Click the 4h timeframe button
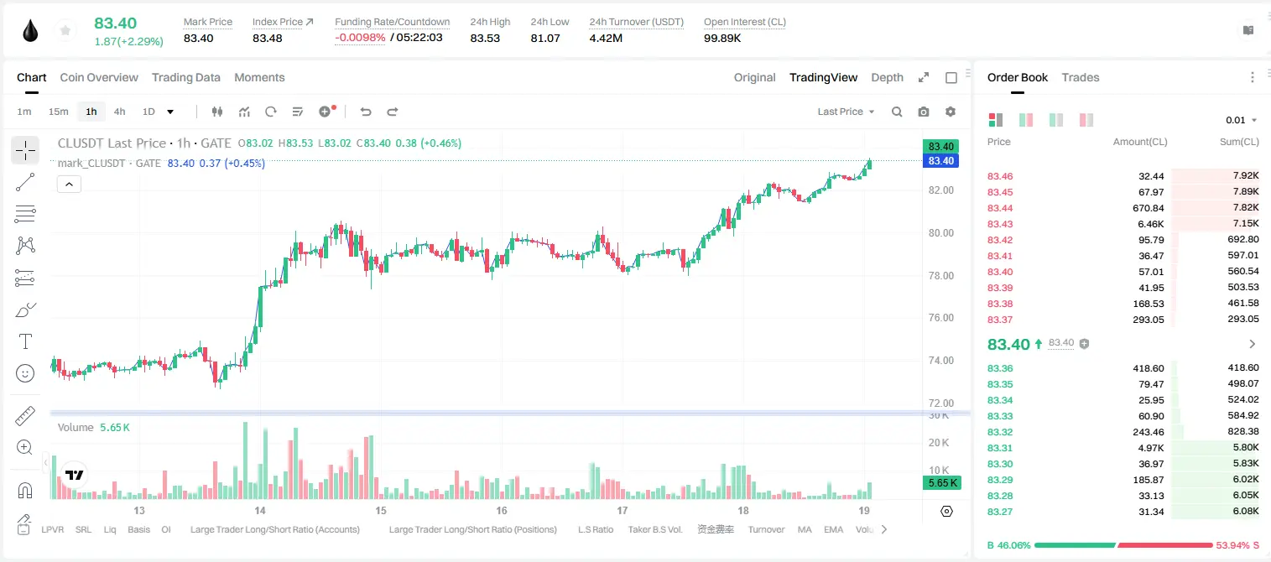click(x=119, y=112)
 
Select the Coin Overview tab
click(x=99, y=77)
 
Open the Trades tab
click(x=1081, y=77)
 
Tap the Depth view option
click(x=887, y=77)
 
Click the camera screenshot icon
click(x=924, y=112)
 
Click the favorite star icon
click(x=65, y=30)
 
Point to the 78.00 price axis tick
click(x=940, y=276)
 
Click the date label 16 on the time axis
click(x=502, y=510)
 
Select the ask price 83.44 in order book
click(x=1000, y=208)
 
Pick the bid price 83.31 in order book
click(x=1000, y=448)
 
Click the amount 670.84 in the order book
click(x=1148, y=208)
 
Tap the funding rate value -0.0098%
click(x=360, y=38)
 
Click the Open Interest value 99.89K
click(x=722, y=38)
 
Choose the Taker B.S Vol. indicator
click(x=654, y=529)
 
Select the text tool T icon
click(x=25, y=341)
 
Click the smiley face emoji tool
click(x=25, y=373)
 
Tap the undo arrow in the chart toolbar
click(x=366, y=112)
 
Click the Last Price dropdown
click(x=846, y=112)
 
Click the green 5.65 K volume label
click(x=942, y=483)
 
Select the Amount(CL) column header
click(x=1140, y=142)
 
